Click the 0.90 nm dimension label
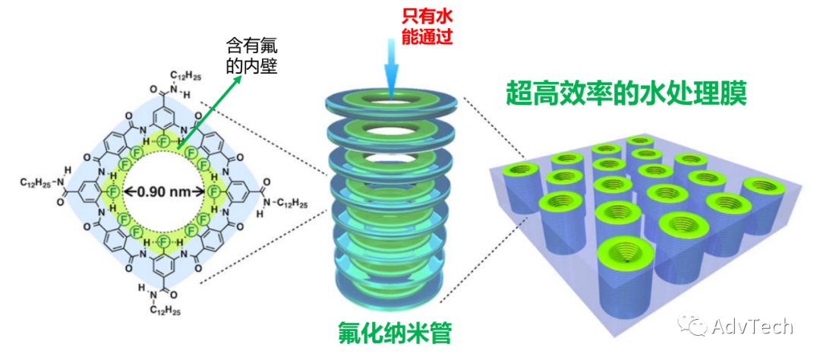[x=164, y=191]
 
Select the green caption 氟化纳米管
[x=390, y=331]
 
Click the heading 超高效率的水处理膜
[x=627, y=94]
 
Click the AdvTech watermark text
[x=752, y=327]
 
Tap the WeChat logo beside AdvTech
[x=694, y=327]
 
